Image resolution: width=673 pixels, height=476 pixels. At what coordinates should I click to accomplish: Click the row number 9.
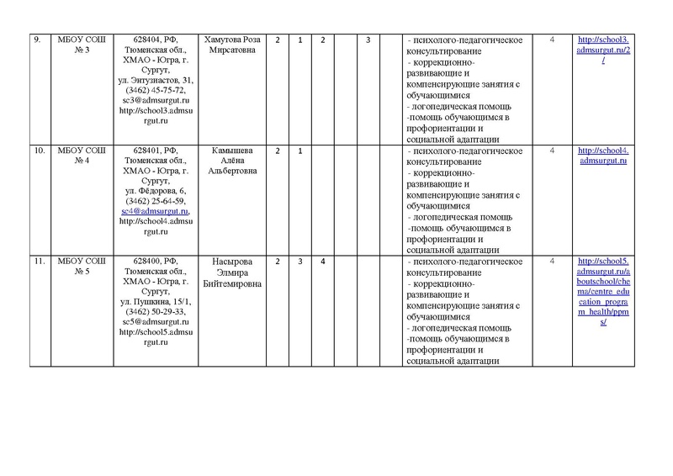pyautogui.click(x=36, y=41)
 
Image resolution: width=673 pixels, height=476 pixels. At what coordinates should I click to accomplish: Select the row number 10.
pyautogui.click(x=38, y=151)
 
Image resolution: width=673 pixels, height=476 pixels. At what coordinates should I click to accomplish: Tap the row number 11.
pyautogui.click(x=38, y=262)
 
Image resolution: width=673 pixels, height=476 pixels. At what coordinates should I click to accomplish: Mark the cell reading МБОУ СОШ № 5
pyautogui.click(x=79, y=267)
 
